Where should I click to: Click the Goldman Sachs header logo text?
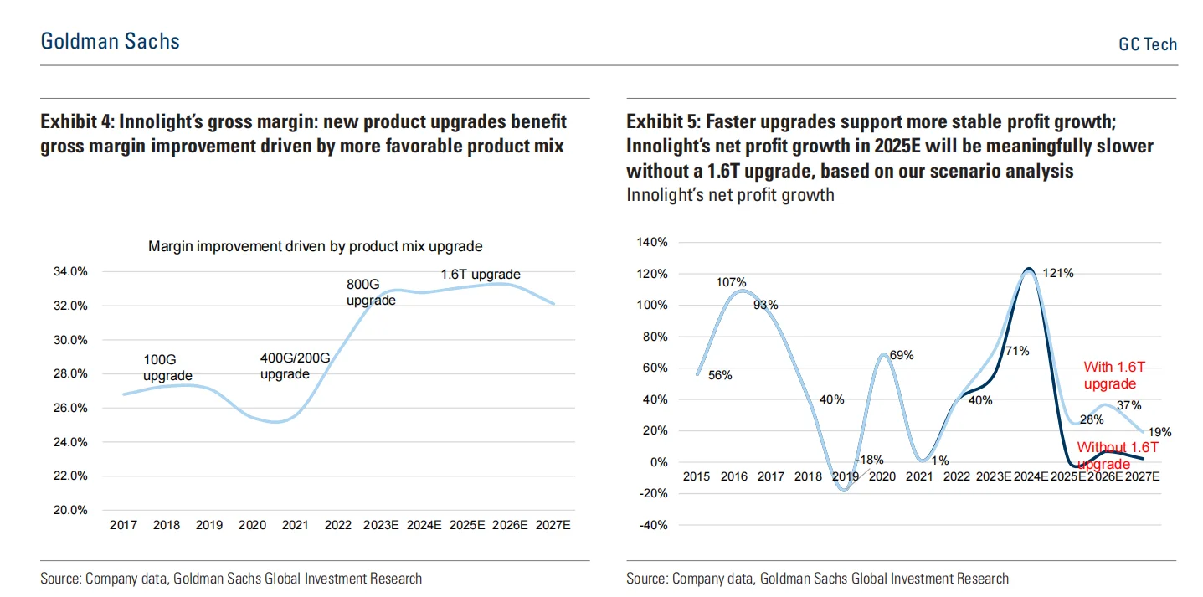point(110,41)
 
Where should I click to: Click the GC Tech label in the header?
point(1148,44)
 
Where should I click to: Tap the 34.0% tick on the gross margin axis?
point(70,272)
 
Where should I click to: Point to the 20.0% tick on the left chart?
point(70,510)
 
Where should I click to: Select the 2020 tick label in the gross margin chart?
point(252,526)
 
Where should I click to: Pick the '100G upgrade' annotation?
point(167,368)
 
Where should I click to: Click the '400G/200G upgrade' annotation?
point(296,366)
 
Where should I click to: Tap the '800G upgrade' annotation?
point(371,292)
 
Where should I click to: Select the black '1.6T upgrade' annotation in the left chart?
point(481,275)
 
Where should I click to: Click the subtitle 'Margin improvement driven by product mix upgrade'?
point(316,246)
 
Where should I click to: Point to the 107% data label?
point(731,283)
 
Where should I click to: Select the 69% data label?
point(902,355)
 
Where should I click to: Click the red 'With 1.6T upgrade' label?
point(1110,375)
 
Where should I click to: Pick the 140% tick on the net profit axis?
point(653,243)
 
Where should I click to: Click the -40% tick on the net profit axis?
point(653,525)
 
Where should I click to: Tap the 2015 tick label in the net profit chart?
point(697,476)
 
